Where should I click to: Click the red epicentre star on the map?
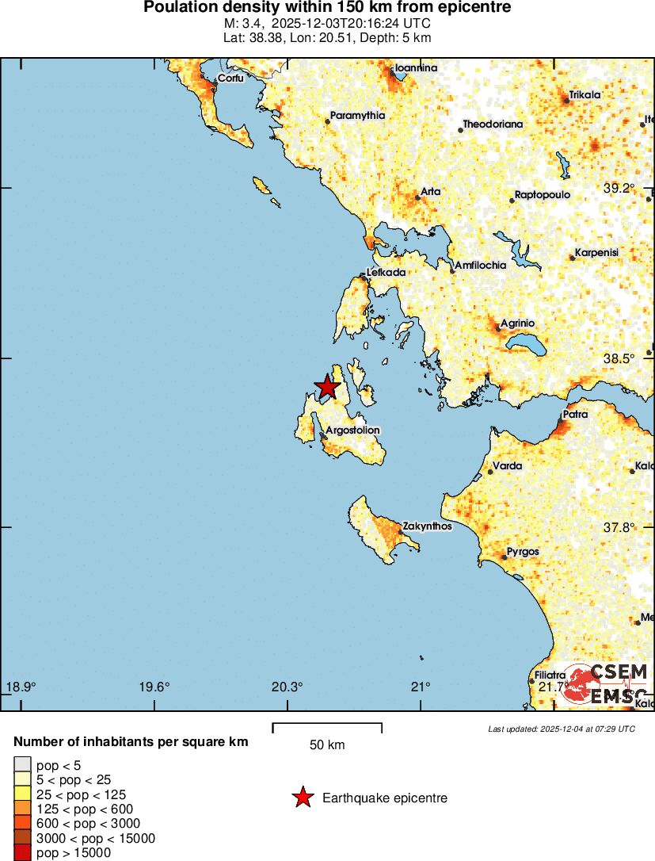click(x=326, y=387)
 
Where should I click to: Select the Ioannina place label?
click(x=416, y=68)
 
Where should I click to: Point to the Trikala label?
click(x=585, y=95)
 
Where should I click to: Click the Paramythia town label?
click(x=357, y=116)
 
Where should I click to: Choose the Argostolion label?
click(x=353, y=430)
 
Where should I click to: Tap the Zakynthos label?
click(x=427, y=526)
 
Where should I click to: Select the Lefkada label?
click(x=386, y=273)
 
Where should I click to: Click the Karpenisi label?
click(x=596, y=253)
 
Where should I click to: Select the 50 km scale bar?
click(x=327, y=728)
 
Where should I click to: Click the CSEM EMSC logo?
click(x=606, y=683)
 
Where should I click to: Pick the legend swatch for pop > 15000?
click(x=22, y=853)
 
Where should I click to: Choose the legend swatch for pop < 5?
click(x=22, y=765)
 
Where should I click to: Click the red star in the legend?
click(x=303, y=798)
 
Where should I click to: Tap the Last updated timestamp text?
click(x=562, y=729)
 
